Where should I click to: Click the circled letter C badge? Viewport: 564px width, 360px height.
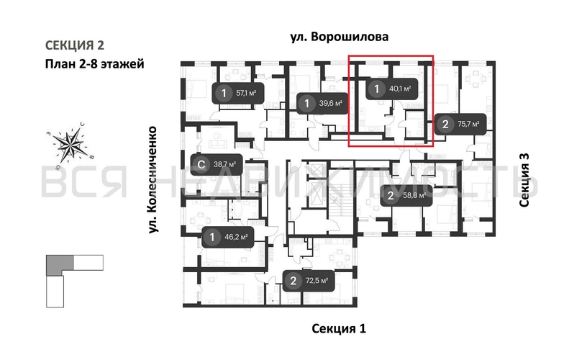(x=202, y=164)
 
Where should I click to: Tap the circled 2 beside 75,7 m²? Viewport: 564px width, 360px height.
(x=446, y=124)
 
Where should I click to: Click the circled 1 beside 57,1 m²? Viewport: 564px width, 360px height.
(x=224, y=93)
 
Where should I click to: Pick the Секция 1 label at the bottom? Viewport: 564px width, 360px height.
(x=339, y=328)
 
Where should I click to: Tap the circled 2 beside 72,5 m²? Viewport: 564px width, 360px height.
(x=293, y=281)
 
